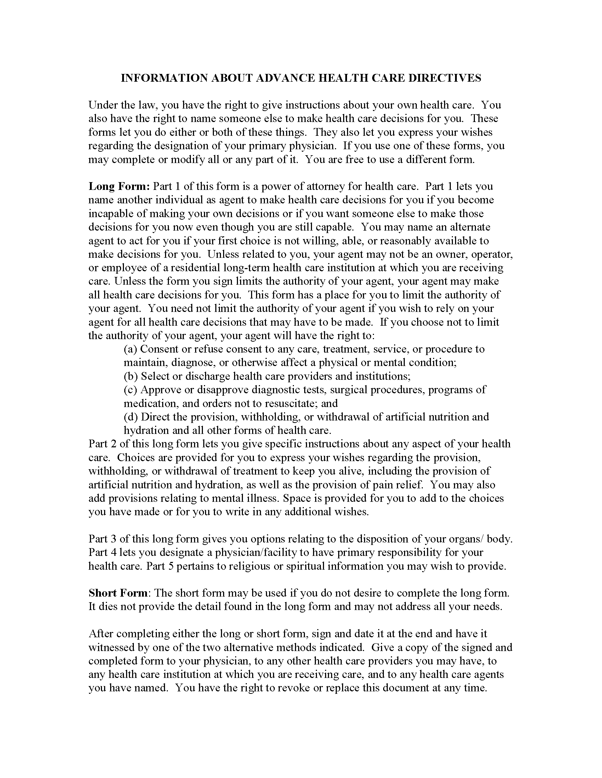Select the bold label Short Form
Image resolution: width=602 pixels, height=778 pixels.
tap(118, 593)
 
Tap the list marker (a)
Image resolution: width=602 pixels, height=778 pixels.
tap(131, 349)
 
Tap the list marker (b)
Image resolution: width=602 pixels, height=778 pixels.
tap(131, 376)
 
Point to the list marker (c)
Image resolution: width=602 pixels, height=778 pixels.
tap(131, 390)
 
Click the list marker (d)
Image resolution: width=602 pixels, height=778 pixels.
tap(131, 417)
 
